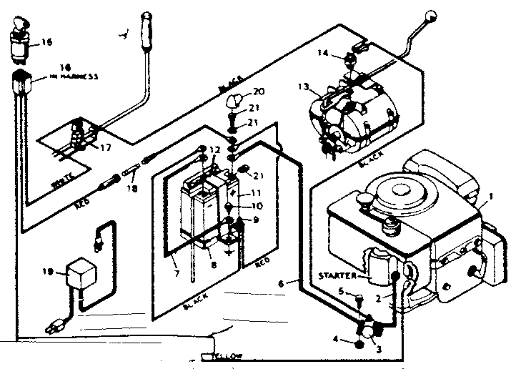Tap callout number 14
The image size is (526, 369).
click(x=322, y=54)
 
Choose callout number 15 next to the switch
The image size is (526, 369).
click(x=46, y=42)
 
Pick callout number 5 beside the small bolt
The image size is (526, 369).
click(x=342, y=290)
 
